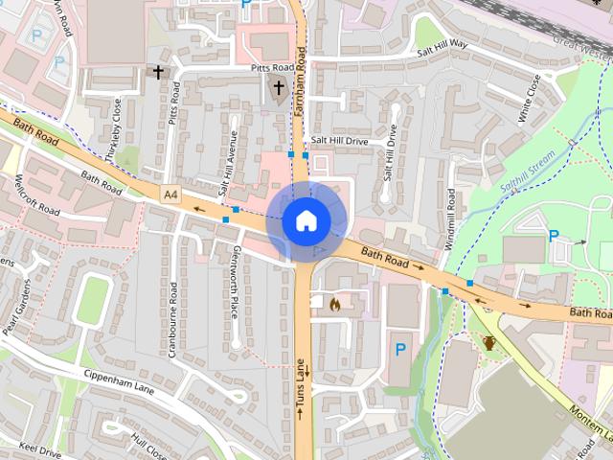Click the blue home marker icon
click(306, 220)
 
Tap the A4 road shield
click(170, 195)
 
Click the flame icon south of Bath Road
click(334, 304)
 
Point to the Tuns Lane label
click(301, 388)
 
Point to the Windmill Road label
click(450, 218)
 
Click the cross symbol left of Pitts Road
click(158, 72)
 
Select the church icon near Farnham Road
click(279, 91)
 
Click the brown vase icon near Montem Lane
click(489, 341)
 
